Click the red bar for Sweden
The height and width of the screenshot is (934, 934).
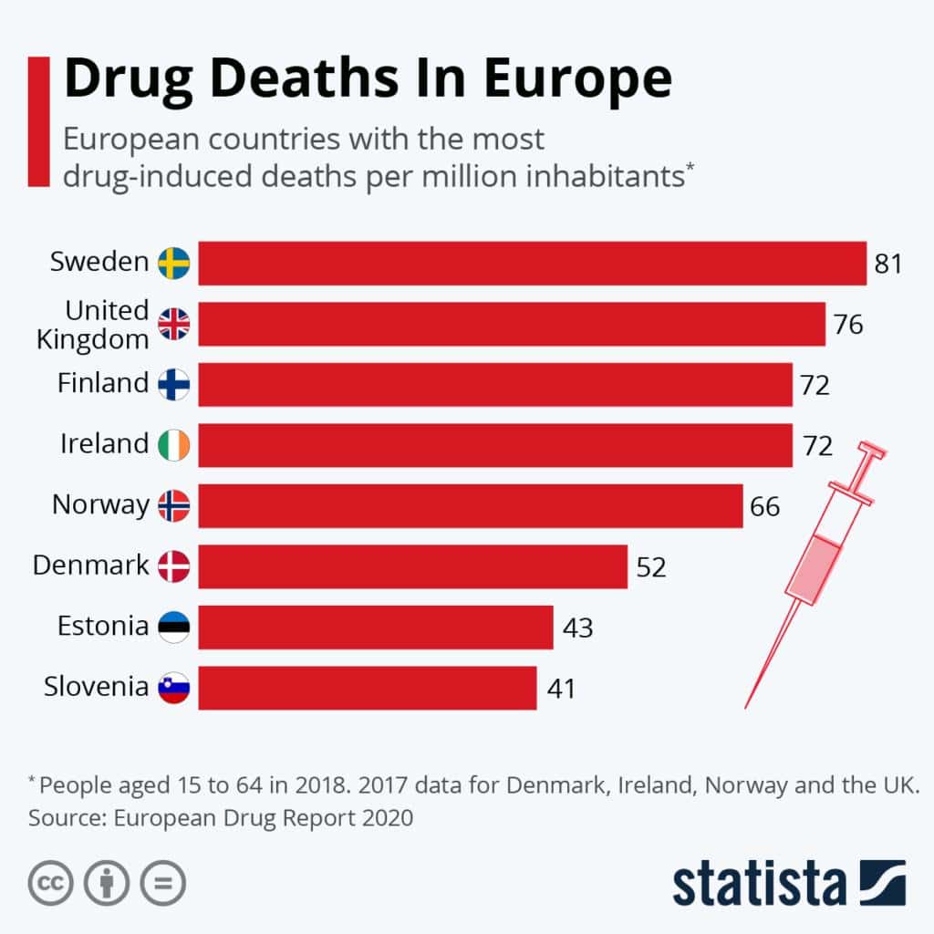coord(532,264)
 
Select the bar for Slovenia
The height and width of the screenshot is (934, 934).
coord(367,688)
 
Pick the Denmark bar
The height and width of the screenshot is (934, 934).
coord(412,566)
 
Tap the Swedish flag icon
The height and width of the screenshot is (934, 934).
coord(173,264)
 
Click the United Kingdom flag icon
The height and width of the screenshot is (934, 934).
coord(173,324)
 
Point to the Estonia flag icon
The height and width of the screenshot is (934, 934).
coord(173,628)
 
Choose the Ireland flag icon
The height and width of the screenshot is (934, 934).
coord(173,445)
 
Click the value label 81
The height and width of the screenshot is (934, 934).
coord(887,265)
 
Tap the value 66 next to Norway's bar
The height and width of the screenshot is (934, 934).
coord(765,506)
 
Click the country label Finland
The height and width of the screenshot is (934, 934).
coord(102,383)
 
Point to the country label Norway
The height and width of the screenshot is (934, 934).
coord(99,504)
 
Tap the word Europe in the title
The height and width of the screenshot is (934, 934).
coord(577,80)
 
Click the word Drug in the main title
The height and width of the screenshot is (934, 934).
coord(122,80)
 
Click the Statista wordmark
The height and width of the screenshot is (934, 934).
coord(759,882)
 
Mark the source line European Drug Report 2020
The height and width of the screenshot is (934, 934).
coord(221,818)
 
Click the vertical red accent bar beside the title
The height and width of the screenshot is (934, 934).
coord(38,120)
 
